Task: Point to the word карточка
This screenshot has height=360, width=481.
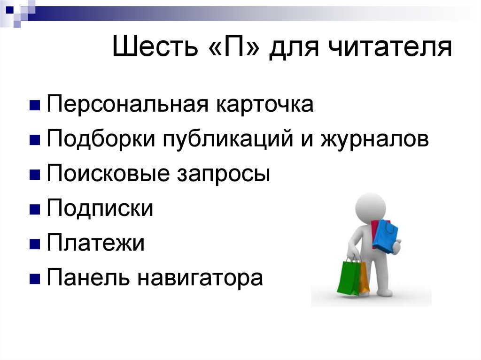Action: click(x=264, y=105)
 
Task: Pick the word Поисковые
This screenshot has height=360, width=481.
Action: click(x=109, y=174)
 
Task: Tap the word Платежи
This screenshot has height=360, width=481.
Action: click(x=95, y=244)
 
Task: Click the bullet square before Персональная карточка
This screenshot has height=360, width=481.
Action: click(x=34, y=105)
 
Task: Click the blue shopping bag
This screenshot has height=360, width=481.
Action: click(x=386, y=235)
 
